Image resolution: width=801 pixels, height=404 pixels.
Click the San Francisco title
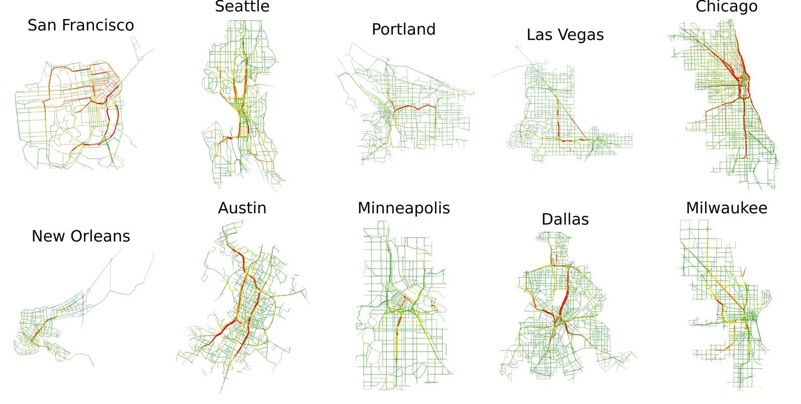(80, 25)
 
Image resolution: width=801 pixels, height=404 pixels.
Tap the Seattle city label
(242, 7)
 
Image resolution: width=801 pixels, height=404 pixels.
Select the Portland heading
(403, 29)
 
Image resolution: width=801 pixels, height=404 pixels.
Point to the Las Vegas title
(565, 35)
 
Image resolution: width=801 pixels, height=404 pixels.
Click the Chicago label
(727, 7)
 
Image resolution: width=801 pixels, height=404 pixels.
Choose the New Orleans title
(80, 236)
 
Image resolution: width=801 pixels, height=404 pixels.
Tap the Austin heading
(242, 208)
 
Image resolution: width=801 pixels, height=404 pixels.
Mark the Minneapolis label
(403, 208)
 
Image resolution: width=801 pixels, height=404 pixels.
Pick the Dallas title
(565, 219)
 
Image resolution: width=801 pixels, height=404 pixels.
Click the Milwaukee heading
(727, 208)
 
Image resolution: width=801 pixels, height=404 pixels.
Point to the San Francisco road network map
(75, 116)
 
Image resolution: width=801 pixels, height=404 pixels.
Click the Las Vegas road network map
(563, 116)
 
